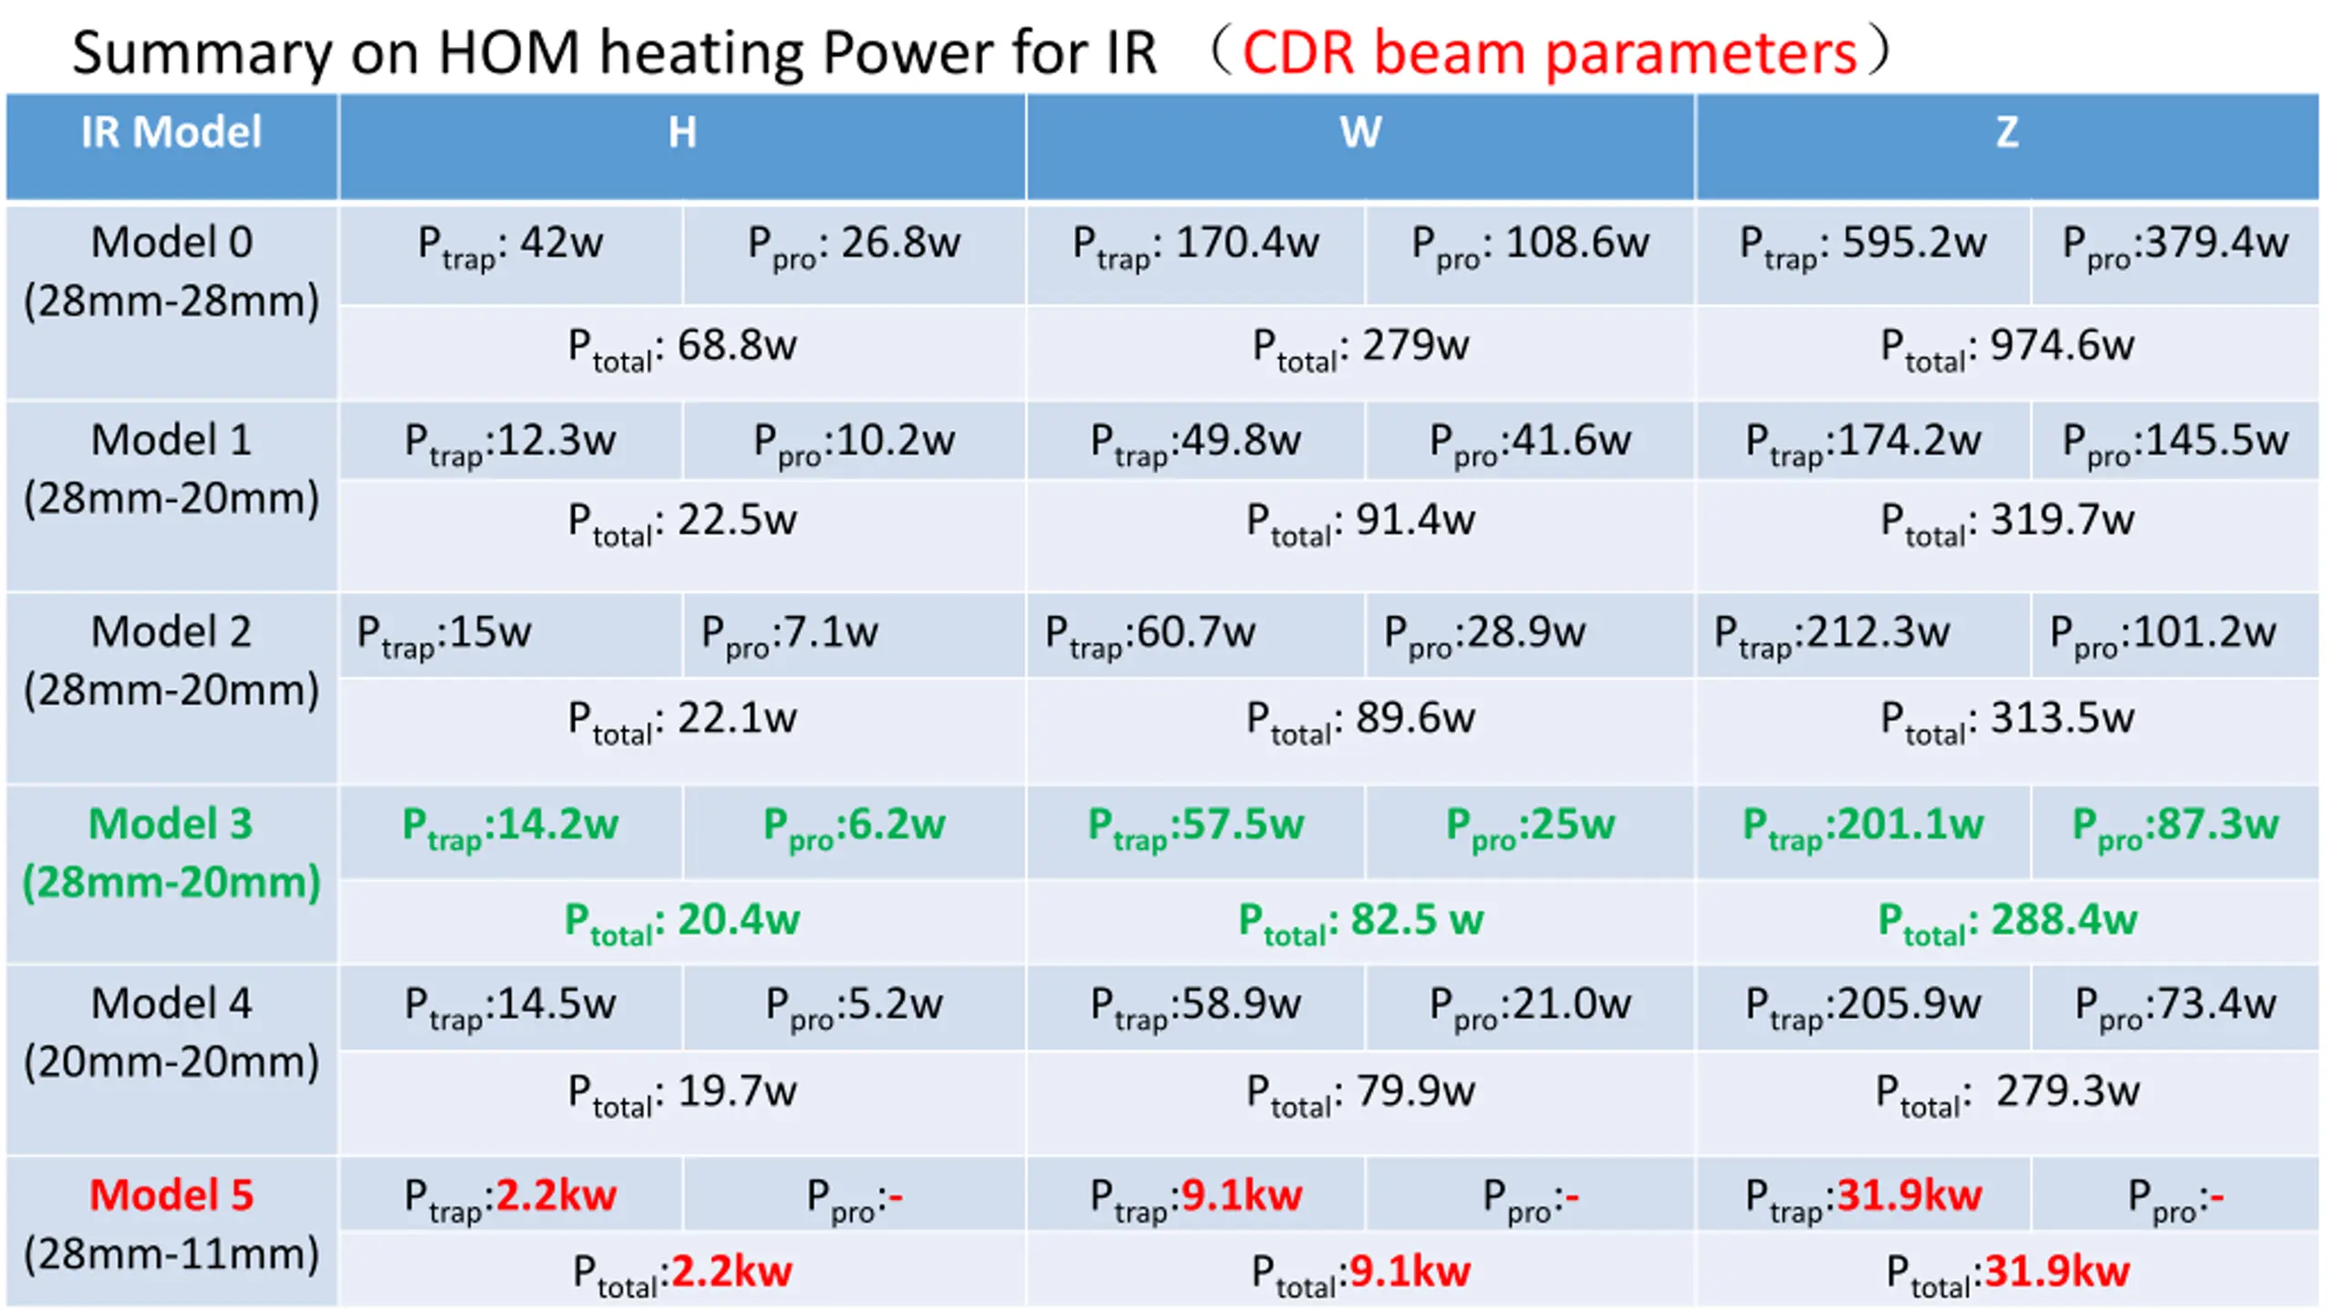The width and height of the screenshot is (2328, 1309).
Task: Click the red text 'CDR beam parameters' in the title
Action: pos(1549,53)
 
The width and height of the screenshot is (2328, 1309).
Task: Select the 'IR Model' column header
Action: pos(171,133)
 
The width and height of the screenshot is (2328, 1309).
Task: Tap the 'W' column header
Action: pos(1360,133)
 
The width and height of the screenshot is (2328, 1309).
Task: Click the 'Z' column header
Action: pos(2006,133)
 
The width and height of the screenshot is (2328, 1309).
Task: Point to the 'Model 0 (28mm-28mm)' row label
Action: pos(171,271)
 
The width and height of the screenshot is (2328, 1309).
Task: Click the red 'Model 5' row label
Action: pos(171,1194)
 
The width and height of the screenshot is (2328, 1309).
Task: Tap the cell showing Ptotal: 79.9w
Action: pos(1360,1093)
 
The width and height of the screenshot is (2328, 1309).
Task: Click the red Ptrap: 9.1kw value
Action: pos(1240,1196)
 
